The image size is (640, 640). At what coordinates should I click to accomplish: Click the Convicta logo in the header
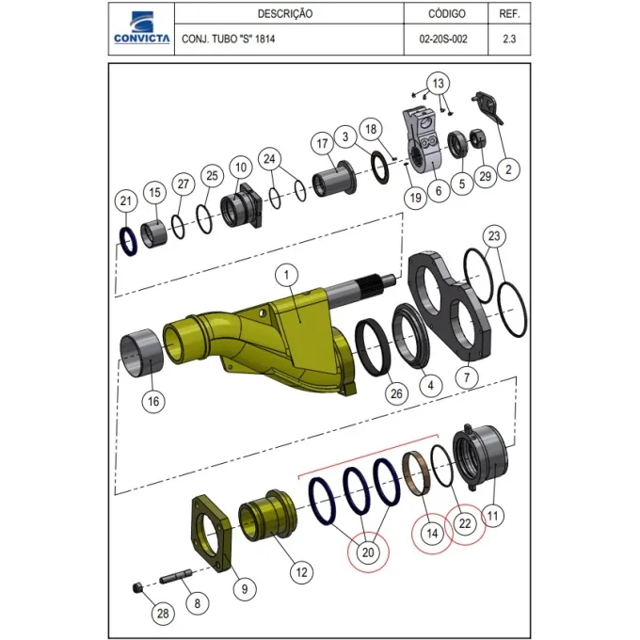[x=141, y=27]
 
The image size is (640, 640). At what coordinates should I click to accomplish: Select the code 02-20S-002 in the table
[x=443, y=40]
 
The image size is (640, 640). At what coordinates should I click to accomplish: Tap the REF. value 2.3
[x=509, y=40]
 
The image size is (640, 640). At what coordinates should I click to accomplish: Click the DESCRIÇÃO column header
[x=285, y=14]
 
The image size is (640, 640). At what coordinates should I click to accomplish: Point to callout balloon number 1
[x=286, y=275]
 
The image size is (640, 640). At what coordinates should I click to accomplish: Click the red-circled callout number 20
[x=368, y=552]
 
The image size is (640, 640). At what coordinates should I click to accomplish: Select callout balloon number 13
[x=438, y=83]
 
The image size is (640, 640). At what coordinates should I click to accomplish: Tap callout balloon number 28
[x=163, y=614]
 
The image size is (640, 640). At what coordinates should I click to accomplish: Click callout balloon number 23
[x=494, y=236]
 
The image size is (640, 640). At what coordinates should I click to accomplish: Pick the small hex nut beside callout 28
[x=137, y=588]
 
